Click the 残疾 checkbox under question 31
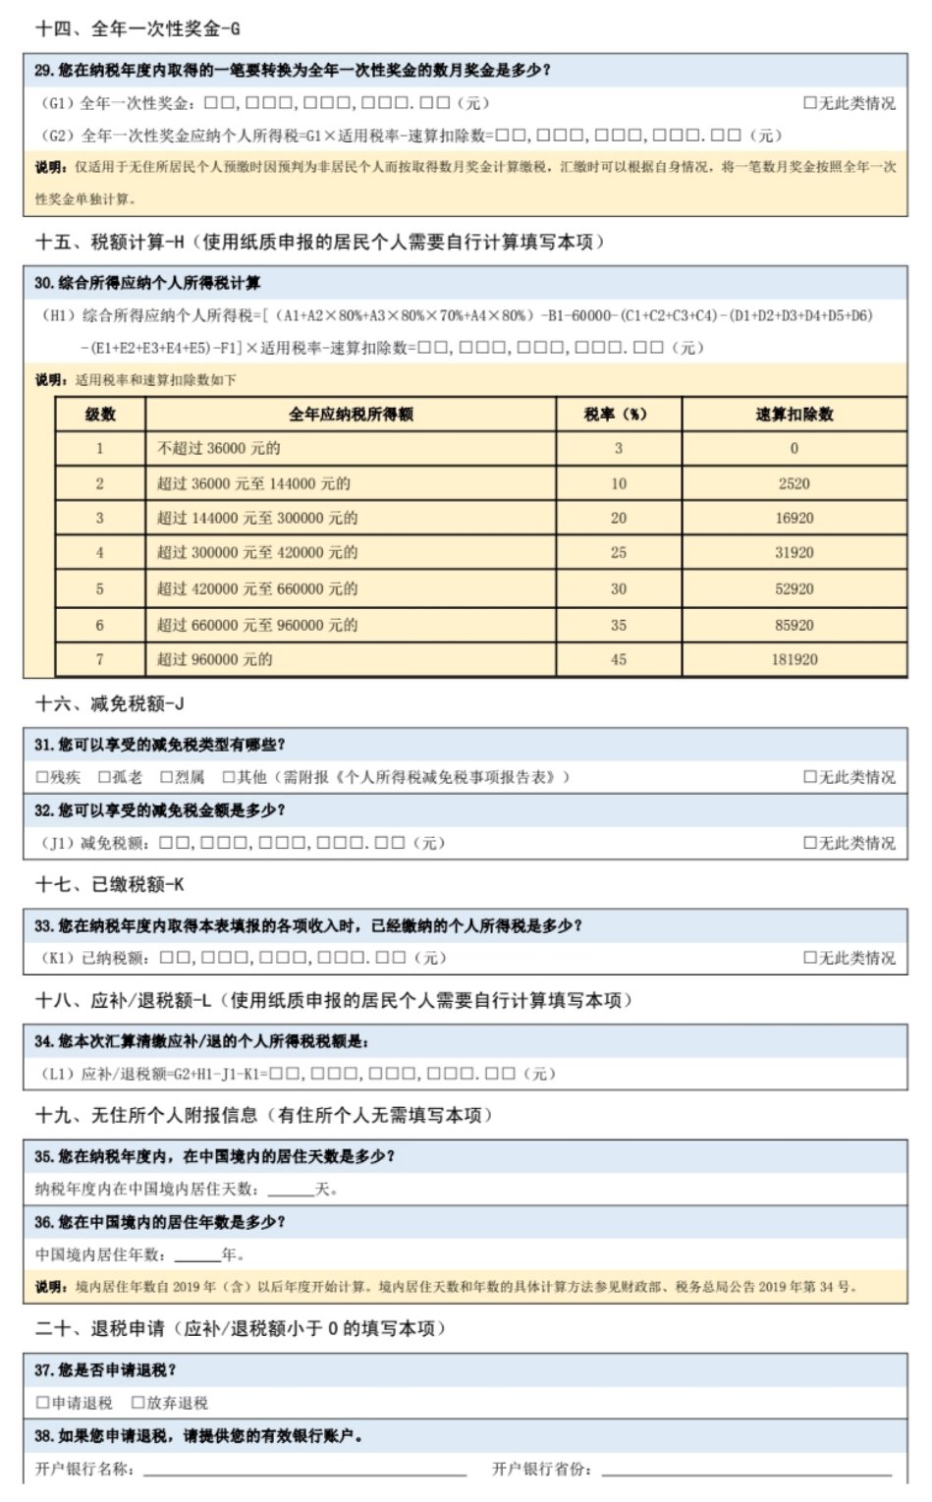tap(42, 777)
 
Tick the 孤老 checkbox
tap(104, 777)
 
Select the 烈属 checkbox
tap(167, 777)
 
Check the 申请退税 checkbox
tap(42, 1403)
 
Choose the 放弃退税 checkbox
tap(137, 1403)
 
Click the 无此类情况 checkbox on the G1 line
tap(810, 103)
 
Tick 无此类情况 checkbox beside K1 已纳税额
tap(810, 958)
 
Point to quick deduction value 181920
tap(794, 659)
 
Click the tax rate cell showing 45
tap(618, 659)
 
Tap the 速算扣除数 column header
tap(794, 415)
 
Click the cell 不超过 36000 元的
tap(219, 448)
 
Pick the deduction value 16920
tap(794, 518)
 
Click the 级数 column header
tap(100, 415)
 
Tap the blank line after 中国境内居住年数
tap(197, 1255)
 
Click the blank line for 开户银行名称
tap(304, 1470)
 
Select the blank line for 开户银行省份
tap(746, 1470)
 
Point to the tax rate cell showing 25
tap(618, 552)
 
